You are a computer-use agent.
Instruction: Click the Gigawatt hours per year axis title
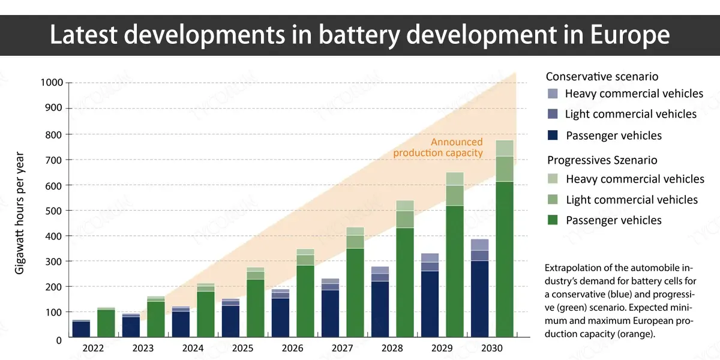[x=20, y=211]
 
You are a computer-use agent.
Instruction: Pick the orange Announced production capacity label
[x=438, y=148]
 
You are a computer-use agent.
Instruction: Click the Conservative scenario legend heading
[x=602, y=76]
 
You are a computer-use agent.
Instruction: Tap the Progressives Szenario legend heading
[x=602, y=160]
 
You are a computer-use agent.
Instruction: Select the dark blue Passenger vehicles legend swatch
[x=553, y=136]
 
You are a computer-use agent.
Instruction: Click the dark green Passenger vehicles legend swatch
[x=553, y=220]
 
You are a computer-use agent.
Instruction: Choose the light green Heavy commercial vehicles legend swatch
[x=553, y=179]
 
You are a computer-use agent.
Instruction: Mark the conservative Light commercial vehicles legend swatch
[x=553, y=114]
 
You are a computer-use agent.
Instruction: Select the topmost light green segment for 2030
[x=504, y=148]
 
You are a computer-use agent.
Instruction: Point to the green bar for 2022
[x=106, y=322]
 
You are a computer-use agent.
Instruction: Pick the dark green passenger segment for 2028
[x=405, y=282]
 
